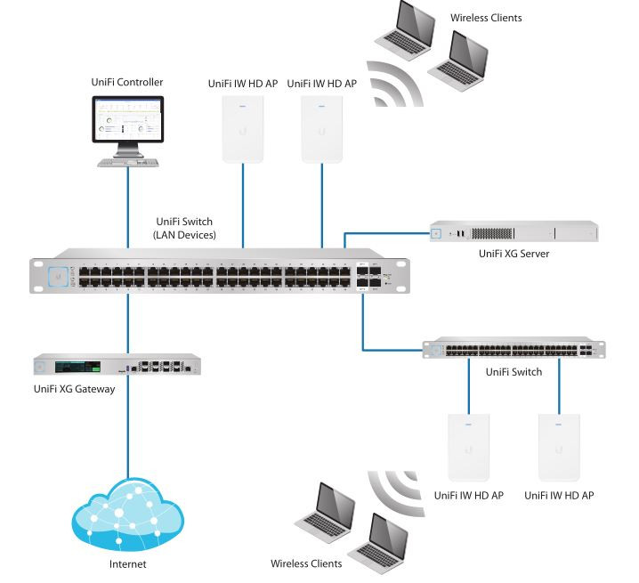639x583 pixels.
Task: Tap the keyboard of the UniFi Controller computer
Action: (126, 164)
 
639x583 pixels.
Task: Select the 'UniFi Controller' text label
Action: (127, 83)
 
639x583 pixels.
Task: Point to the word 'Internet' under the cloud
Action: (127, 564)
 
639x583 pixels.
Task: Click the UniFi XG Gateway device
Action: (117, 366)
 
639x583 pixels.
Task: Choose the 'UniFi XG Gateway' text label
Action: (74, 389)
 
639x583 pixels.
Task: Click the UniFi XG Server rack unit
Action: (514, 233)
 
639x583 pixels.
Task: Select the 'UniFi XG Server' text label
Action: (514, 255)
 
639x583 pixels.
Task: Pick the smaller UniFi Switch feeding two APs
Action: (513, 349)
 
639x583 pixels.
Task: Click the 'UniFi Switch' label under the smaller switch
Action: (513, 372)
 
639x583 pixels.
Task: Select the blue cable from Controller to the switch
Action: (127, 214)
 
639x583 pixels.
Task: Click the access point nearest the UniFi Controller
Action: (243, 128)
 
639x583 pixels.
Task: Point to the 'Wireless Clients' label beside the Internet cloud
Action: (307, 564)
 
